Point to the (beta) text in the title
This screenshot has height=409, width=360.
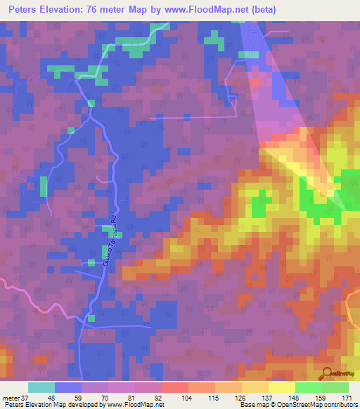[264, 10]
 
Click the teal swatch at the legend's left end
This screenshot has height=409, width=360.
[41, 387]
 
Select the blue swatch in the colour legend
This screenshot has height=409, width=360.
[68, 387]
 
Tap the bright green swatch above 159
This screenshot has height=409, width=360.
[309, 387]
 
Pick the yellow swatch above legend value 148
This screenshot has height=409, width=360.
[282, 387]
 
